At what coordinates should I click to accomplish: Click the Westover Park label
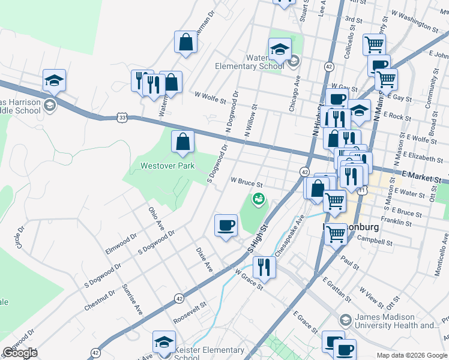pos(167,166)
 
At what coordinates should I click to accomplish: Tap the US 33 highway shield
pos(122,119)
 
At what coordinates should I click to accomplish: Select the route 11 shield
pos(363,190)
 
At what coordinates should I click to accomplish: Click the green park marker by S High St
pos(259,199)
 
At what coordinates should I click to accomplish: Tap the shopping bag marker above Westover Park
pos(183,142)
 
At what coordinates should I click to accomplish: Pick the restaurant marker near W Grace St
pos(264,266)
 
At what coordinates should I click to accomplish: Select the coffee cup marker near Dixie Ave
pos(226,225)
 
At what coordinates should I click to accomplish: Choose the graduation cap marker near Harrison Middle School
pos(54,80)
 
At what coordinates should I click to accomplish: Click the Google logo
pos(20,353)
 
